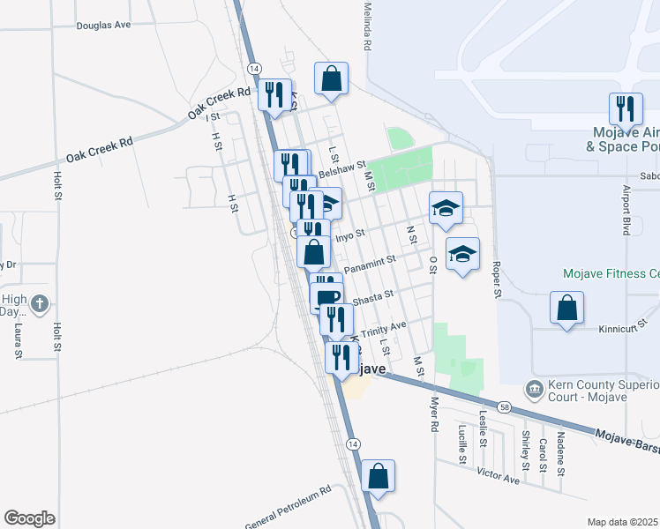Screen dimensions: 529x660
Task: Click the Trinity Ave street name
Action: [382, 327]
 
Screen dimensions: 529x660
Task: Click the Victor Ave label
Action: [499, 476]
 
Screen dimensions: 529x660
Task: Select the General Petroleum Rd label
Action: [288, 503]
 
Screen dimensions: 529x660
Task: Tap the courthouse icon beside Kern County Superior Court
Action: [533, 389]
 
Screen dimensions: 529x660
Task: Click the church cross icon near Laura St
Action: [39, 305]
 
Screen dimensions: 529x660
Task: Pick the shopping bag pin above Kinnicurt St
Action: [567, 308]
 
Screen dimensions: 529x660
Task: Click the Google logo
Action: [29, 518]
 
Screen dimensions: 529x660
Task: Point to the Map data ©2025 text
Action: [623, 522]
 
